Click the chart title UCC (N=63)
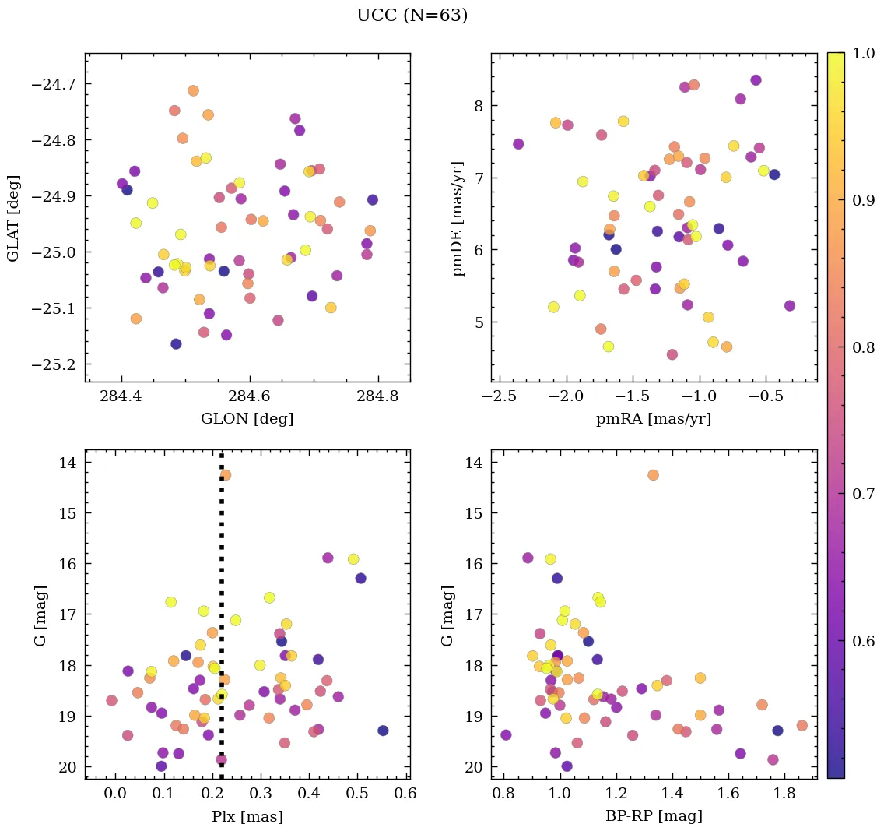pos(412,16)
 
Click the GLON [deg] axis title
pos(247,418)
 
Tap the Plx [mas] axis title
pos(247,816)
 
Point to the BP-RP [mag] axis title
pos(654,816)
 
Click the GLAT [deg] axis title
pos(13,217)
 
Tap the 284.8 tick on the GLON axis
pos(378,396)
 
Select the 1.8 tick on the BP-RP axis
pos(787,793)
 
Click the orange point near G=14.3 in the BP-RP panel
pos(653,475)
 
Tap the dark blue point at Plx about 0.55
pos(383,731)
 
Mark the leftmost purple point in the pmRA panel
pos(518,144)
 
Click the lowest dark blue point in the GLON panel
pos(176,344)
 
